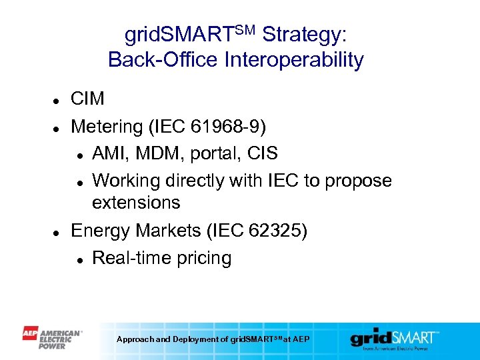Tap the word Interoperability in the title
pos(295,60)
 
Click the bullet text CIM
pos(88,99)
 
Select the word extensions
pos(136,203)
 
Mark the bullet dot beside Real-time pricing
pos(80,259)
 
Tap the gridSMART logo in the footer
pos(395,338)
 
